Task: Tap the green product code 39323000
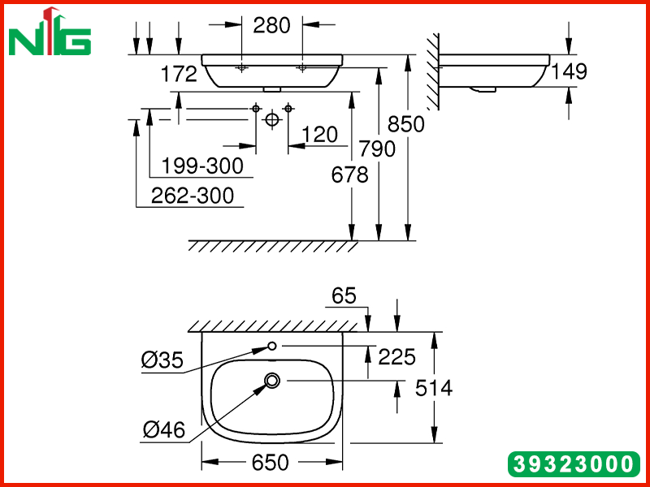[574, 464]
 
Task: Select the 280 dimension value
[272, 26]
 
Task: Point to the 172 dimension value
[179, 74]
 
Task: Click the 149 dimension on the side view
[570, 71]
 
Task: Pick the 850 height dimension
[406, 124]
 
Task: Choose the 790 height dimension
[377, 149]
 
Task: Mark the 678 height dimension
[350, 175]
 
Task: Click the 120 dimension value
[319, 135]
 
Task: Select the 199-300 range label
[202, 166]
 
